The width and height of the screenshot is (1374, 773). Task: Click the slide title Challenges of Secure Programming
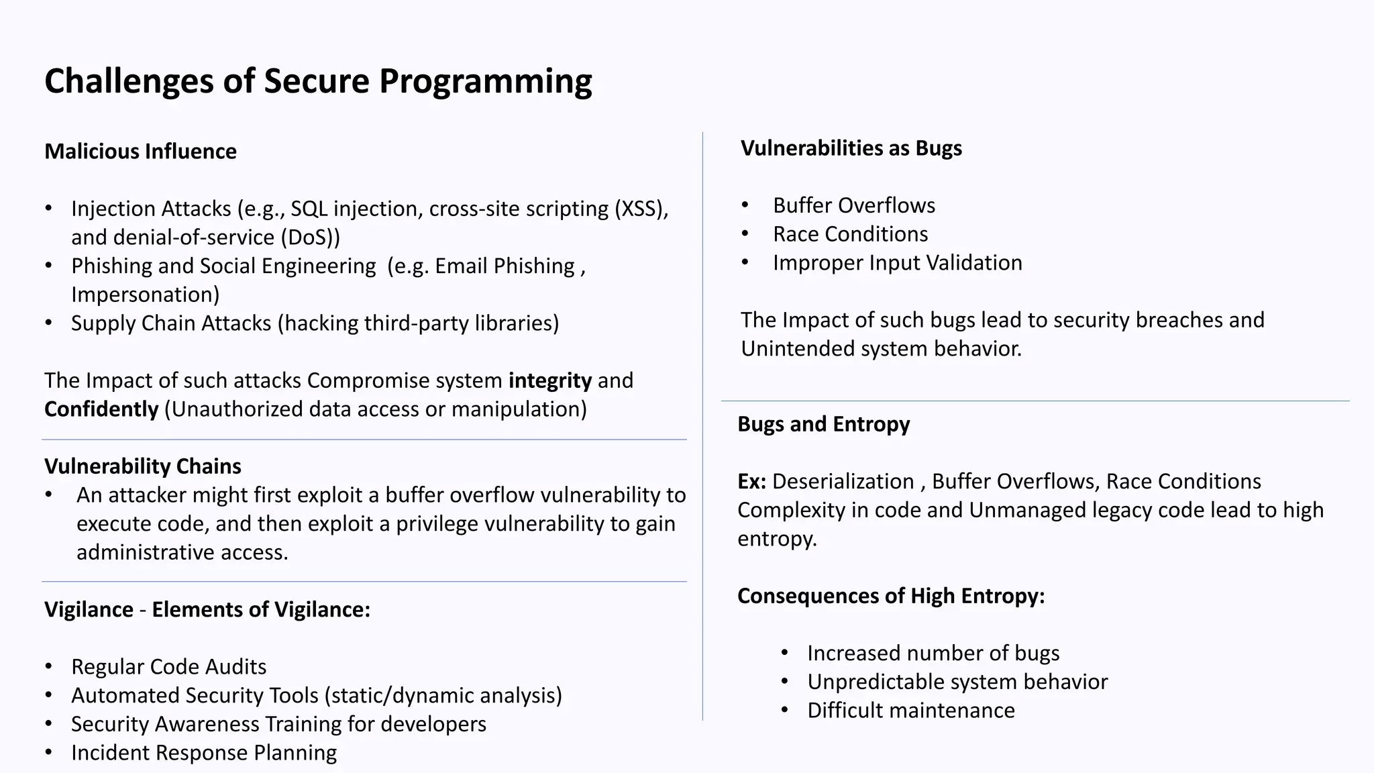318,81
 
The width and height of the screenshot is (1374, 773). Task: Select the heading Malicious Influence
140,152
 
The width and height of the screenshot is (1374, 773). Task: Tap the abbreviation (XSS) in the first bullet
641,209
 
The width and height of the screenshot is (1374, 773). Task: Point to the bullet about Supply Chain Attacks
315,323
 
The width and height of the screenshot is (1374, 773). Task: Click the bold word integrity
550,380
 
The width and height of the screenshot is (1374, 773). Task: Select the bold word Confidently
101,409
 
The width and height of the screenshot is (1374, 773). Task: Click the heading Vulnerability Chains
142,466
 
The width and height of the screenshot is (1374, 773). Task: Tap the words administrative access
182,552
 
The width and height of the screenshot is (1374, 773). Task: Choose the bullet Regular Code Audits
168,667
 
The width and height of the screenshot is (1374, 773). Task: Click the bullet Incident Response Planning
204,753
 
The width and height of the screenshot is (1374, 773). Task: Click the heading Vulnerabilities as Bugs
851,148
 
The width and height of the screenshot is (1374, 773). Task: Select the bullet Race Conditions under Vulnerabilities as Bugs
850,234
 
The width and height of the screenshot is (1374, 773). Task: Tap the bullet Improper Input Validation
897,263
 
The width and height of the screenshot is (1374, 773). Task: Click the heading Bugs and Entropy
823,424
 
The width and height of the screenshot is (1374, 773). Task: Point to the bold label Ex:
751,482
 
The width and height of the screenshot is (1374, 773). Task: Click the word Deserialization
843,482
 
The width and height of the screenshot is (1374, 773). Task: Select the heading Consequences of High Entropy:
890,596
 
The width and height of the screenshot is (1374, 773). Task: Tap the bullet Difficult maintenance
910,711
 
